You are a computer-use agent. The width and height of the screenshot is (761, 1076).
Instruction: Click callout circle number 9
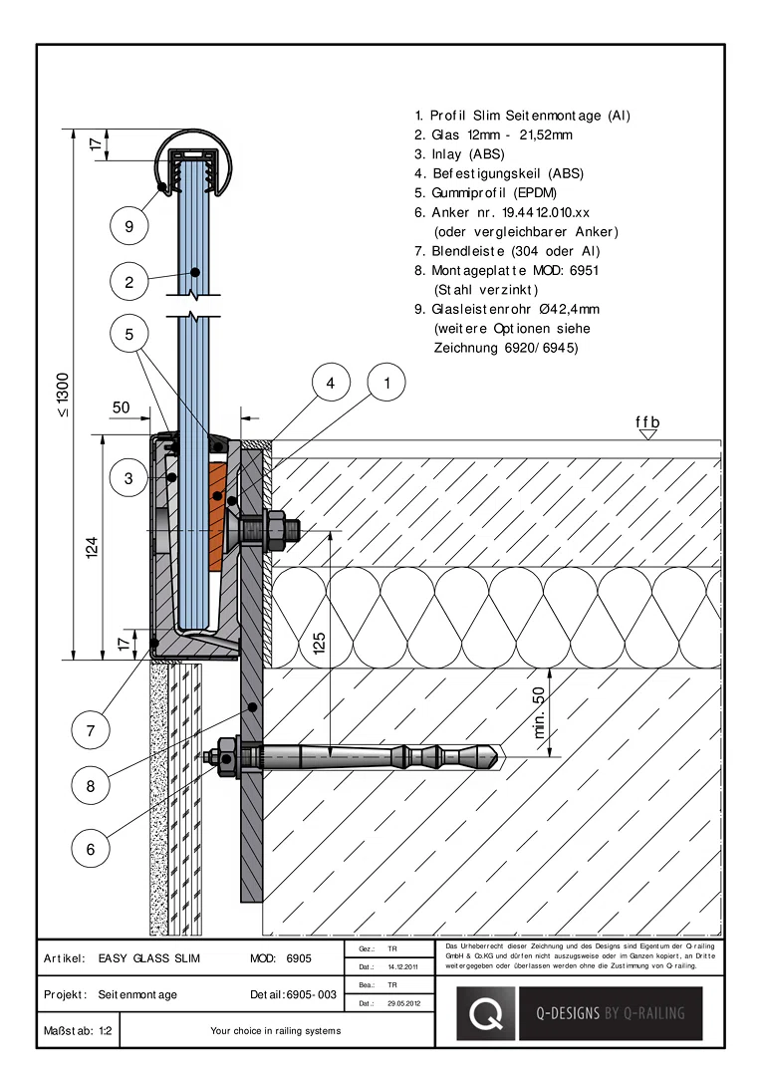point(129,226)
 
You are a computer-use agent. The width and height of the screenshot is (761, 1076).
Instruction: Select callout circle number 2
point(129,281)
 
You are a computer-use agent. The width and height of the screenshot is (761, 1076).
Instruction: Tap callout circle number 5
point(129,334)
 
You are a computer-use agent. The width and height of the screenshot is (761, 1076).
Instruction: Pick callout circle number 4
point(331,383)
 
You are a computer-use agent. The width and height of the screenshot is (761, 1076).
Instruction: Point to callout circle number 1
point(386,383)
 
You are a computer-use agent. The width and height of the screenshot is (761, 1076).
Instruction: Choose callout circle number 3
point(129,477)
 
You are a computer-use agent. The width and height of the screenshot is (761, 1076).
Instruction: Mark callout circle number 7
point(91,730)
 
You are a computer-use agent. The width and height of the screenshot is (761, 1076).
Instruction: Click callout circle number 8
point(91,786)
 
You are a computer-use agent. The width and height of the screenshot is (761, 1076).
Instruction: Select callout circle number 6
point(91,849)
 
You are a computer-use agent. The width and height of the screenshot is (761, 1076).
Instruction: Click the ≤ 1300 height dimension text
point(63,395)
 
